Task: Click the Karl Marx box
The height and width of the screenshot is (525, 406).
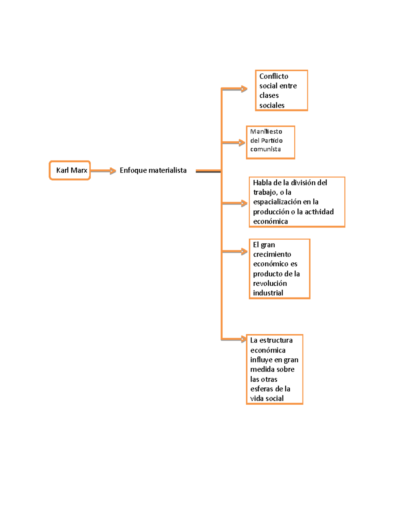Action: [70, 170]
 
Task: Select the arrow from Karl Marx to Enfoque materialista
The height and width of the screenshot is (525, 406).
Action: [103, 171]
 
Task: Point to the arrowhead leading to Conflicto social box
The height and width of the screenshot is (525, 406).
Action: [244, 89]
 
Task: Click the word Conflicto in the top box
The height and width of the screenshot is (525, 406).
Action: [274, 76]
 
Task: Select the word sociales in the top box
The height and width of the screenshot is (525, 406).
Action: [272, 105]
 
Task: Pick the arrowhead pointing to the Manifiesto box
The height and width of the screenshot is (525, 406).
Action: [242, 143]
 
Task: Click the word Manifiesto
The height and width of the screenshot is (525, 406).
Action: [266, 132]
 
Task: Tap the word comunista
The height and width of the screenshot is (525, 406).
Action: [265, 149]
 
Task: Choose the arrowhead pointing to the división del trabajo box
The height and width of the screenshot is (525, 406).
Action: [244, 203]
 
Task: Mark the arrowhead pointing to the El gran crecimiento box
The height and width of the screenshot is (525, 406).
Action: [244, 251]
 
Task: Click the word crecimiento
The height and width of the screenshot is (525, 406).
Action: [272, 254]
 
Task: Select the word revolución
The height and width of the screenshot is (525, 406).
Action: [270, 283]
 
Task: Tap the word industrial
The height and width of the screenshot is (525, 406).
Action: [268, 293]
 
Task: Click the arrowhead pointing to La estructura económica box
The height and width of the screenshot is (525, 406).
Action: [243, 339]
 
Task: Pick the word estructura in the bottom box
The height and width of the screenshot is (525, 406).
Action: [276, 340]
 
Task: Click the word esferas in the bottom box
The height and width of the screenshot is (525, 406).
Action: [261, 389]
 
